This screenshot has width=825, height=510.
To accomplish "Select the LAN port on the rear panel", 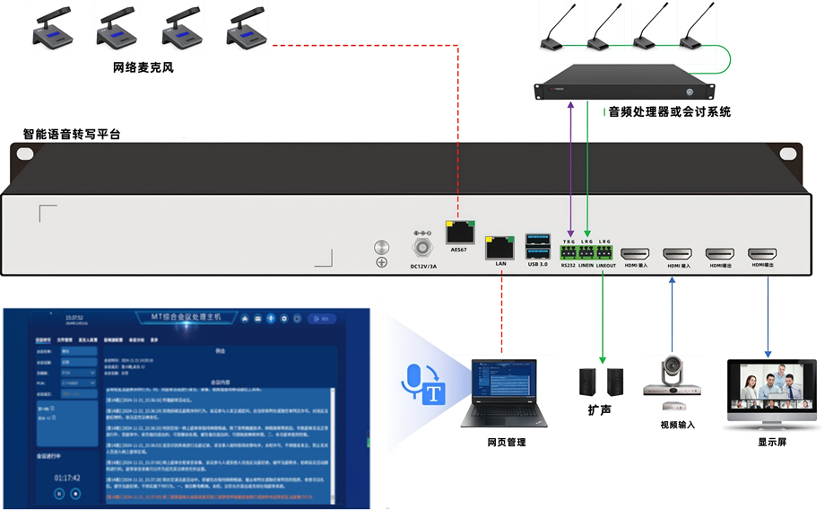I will coord(499,247).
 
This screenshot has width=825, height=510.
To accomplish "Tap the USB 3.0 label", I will coord(538,264).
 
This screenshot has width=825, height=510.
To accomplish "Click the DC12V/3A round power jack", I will coord(422,245).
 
